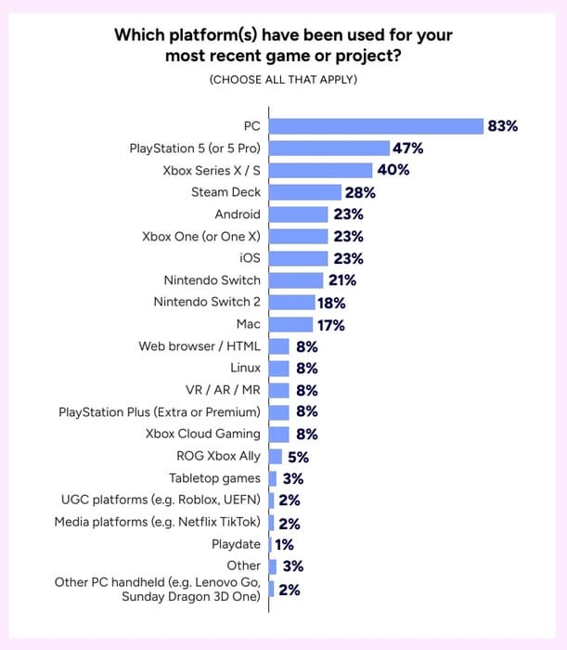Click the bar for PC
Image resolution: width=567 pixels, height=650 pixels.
[x=376, y=126]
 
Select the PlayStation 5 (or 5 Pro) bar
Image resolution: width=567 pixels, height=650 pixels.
[x=329, y=148]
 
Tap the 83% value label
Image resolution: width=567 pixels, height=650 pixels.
[x=502, y=126]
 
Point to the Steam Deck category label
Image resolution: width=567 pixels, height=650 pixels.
[x=226, y=192]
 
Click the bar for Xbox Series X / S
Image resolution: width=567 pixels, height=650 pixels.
[x=320, y=170]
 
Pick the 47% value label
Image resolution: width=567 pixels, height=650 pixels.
[x=408, y=148]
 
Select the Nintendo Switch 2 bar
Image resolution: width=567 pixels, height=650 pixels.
[x=291, y=302]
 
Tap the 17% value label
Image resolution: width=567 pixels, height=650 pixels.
[x=330, y=325]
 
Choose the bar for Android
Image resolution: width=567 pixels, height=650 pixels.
[x=298, y=214]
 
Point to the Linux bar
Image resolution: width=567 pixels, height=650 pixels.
[x=278, y=368]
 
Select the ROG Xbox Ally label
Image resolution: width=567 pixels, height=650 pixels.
[x=218, y=456]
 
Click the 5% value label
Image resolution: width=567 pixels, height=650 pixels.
[x=298, y=457]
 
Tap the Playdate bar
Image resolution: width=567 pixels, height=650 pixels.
[x=270, y=544]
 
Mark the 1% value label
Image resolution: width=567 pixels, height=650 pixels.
[x=285, y=545]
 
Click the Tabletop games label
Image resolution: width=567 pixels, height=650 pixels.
[x=214, y=478]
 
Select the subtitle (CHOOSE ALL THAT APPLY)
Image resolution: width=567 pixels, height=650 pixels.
[x=283, y=80]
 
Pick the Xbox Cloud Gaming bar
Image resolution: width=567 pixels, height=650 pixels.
[x=278, y=434]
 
